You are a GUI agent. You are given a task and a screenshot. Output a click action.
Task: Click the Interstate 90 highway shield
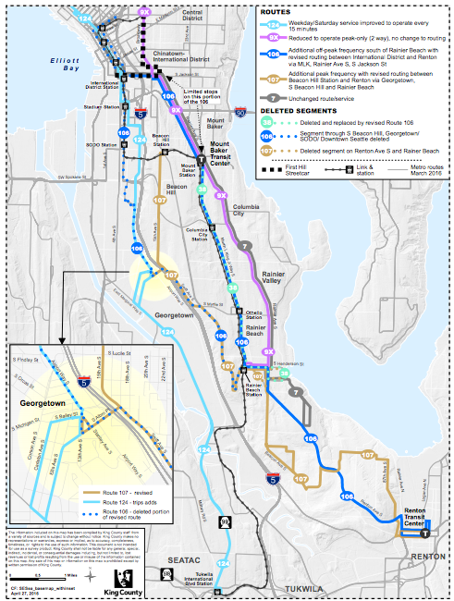[x=239, y=113]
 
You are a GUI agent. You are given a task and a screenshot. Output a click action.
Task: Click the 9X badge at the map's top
[x=143, y=10]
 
